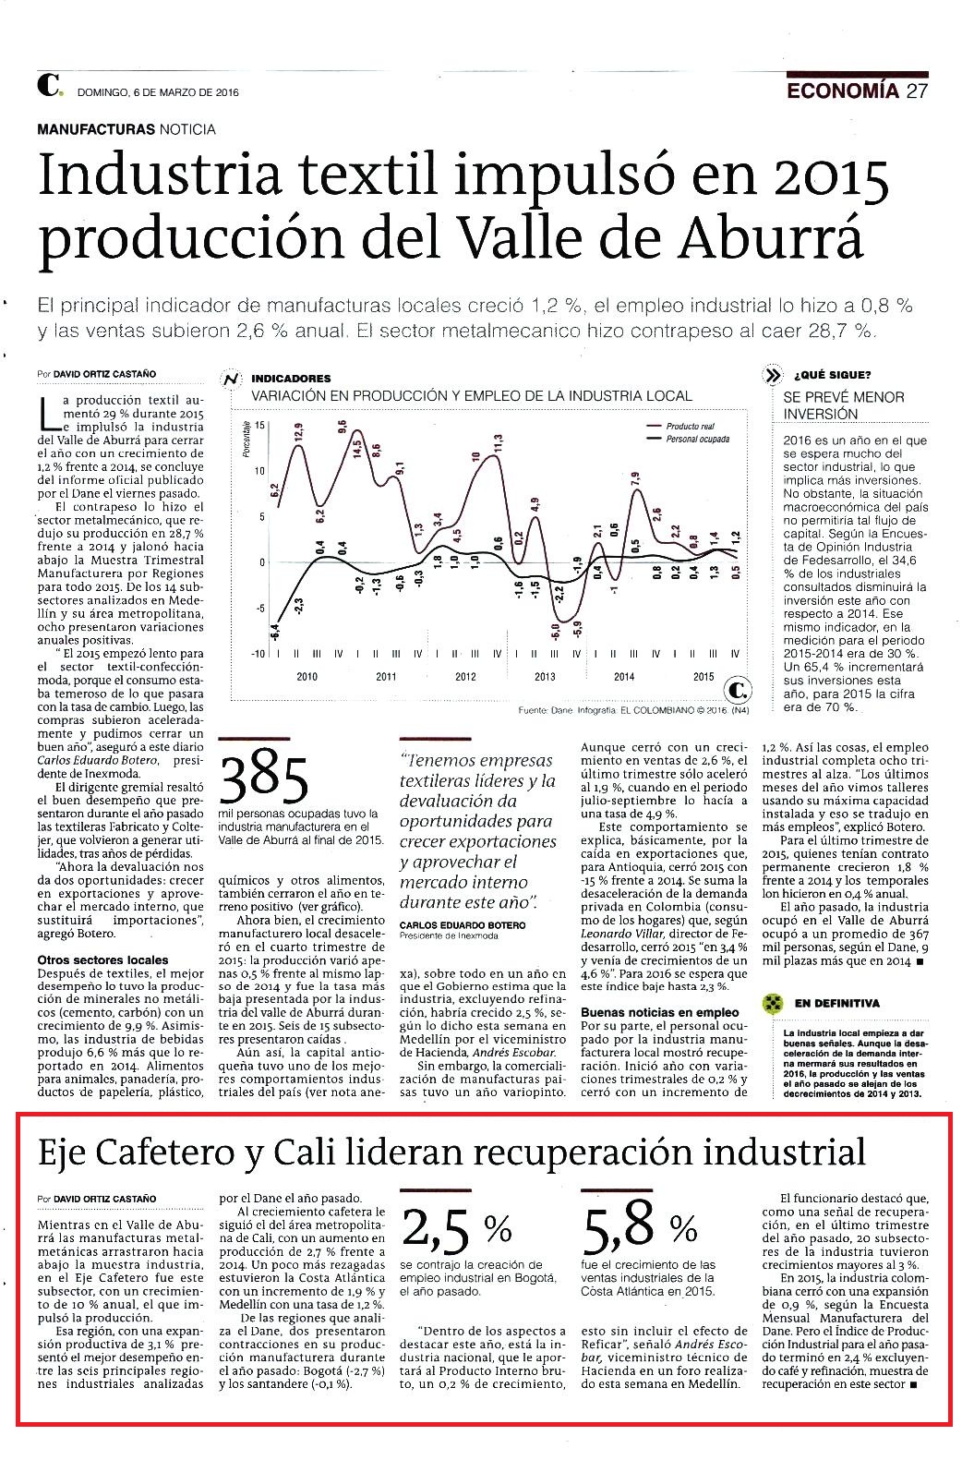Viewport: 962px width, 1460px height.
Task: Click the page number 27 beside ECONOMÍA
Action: click(x=917, y=90)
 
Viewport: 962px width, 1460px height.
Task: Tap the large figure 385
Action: click(x=264, y=779)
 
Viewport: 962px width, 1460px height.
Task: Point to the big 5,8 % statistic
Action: click(x=640, y=1229)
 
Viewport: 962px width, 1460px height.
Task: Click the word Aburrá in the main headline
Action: click(x=770, y=238)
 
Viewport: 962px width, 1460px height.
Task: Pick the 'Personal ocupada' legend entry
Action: click(x=697, y=440)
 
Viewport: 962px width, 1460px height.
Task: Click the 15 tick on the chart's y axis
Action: click(x=260, y=425)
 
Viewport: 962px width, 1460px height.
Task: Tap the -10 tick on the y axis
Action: click(x=259, y=654)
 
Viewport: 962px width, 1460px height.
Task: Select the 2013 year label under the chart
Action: click(x=545, y=677)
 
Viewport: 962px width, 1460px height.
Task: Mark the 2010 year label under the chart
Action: click(x=307, y=677)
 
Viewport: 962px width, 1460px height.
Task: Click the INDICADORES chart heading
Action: click(x=291, y=379)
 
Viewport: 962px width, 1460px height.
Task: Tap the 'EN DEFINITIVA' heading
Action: click(x=836, y=1004)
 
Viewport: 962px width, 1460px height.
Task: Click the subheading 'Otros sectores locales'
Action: click(x=103, y=960)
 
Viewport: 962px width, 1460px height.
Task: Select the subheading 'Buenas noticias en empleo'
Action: click(x=659, y=1012)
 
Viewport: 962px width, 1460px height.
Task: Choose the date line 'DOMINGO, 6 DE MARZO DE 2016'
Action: click(x=159, y=92)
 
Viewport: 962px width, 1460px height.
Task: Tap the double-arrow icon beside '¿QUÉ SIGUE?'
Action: click(x=773, y=376)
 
